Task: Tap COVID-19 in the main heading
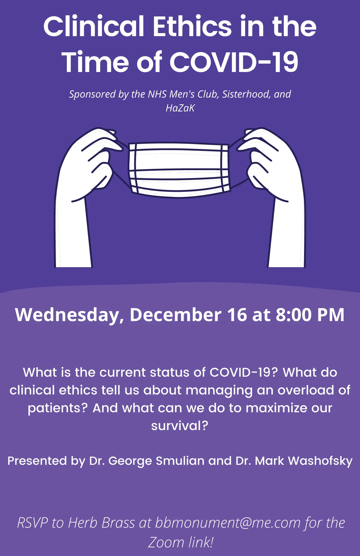pyautogui.click(x=234, y=62)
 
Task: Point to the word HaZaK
pyautogui.click(x=180, y=108)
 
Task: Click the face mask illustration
pyautogui.click(x=179, y=170)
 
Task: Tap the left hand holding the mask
pyautogui.click(x=88, y=197)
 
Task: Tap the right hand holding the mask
pyautogui.click(x=271, y=197)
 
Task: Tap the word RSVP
pyautogui.click(x=33, y=523)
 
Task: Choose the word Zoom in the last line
pyautogui.click(x=166, y=542)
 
